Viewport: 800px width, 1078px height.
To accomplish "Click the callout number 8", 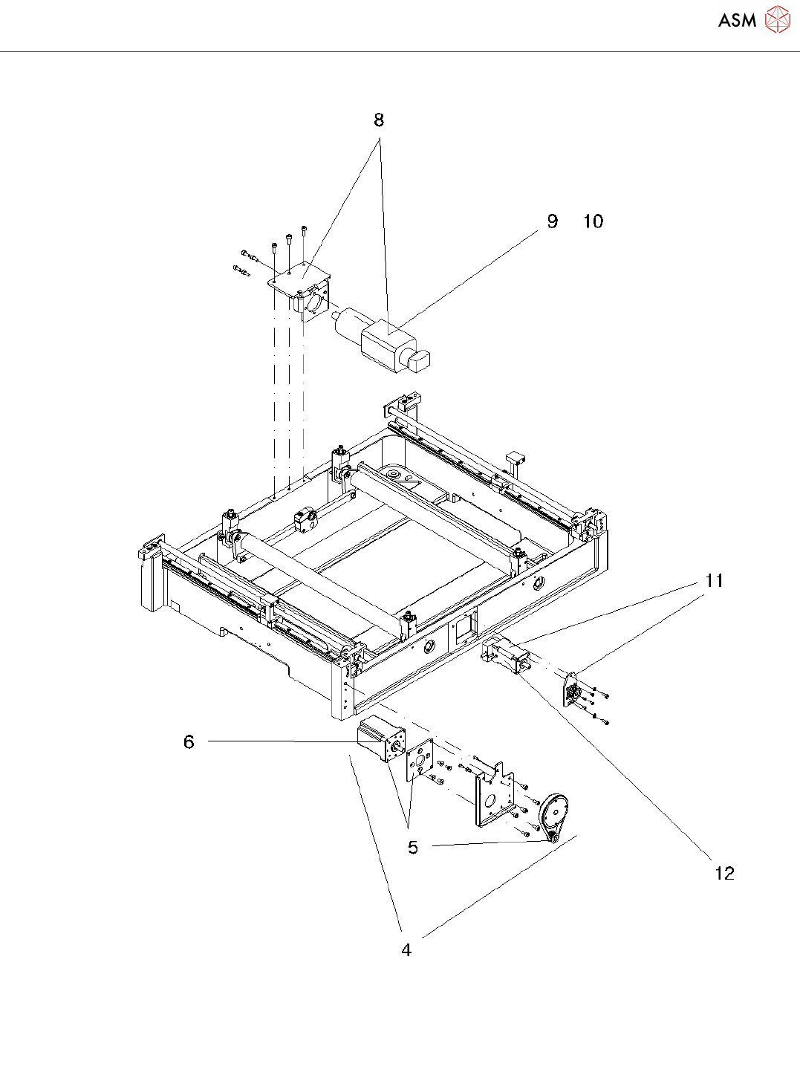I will click(x=379, y=120).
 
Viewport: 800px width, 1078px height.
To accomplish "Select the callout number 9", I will click(x=552, y=221).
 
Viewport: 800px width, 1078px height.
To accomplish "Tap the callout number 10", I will click(x=593, y=221).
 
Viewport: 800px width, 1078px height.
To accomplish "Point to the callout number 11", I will click(x=715, y=581).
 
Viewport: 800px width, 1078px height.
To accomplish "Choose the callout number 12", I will click(x=724, y=873).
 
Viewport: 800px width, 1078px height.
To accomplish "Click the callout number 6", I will click(x=189, y=742).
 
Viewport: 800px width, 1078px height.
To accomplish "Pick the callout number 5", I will click(x=413, y=848).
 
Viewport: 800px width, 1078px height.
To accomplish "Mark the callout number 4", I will click(x=406, y=950).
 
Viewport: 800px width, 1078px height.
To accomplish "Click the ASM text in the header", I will click(x=737, y=20).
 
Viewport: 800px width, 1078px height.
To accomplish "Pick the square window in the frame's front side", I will click(x=464, y=627).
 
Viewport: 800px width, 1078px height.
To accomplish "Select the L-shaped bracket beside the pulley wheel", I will click(x=492, y=799).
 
